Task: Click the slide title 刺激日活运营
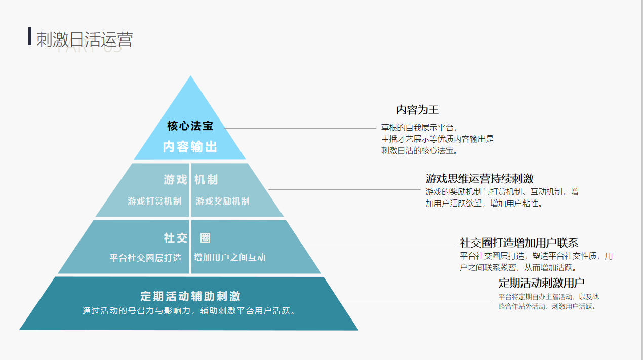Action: coord(85,39)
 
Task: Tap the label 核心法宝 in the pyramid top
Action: coord(190,126)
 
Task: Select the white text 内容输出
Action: coord(190,147)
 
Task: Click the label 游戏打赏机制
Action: coord(154,201)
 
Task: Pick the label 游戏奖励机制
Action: coord(223,201)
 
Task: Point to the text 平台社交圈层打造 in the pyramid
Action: coord(146,257)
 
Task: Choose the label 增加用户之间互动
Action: coord(229,257)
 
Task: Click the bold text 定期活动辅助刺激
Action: coord(190,296)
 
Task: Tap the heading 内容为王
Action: coord(417,110)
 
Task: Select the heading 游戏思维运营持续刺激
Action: coord(479,179)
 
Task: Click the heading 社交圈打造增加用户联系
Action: coord(519,243)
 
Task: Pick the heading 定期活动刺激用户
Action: coord(541,283)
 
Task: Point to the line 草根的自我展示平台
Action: coord(419,127)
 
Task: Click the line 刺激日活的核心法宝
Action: coord(419,150)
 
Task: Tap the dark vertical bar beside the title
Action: coord(30,36)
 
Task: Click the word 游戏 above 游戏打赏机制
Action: coord(175,180)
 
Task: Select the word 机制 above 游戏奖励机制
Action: coord(206,180)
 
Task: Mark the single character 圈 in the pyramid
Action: coord(205,238)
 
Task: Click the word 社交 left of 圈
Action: coord(175,238)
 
